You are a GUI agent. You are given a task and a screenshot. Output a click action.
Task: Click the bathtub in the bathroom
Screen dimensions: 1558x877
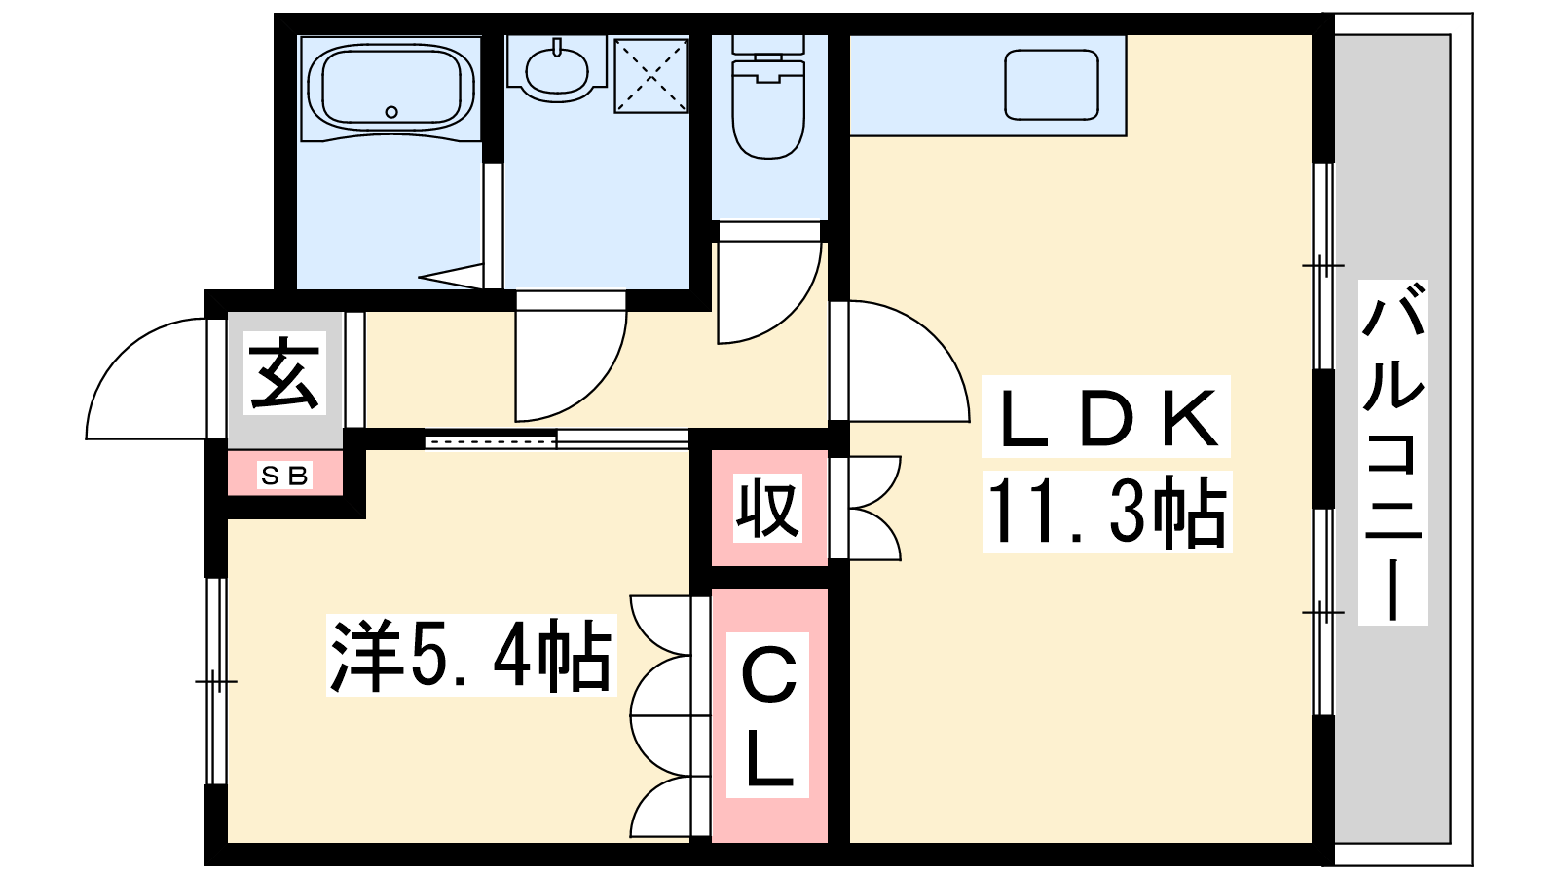tap(390, 87)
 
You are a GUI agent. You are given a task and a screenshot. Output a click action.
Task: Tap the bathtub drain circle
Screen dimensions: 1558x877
tap(391, 111)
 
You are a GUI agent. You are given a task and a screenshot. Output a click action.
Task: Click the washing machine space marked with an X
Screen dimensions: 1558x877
tap(651, 76)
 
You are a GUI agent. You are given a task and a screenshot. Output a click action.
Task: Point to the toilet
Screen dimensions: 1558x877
tap(768, 97)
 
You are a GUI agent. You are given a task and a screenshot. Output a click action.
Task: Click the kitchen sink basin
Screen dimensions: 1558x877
tap(1052, 84)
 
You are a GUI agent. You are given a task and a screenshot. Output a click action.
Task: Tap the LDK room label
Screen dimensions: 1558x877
tap(1106, 417)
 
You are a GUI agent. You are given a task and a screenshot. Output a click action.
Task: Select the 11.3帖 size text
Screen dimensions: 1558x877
tap(1107, 512)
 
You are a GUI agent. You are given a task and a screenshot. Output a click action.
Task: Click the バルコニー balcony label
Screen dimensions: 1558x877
tap(1392, 452)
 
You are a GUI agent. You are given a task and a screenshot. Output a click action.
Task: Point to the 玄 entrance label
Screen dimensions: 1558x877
tap(284, 373)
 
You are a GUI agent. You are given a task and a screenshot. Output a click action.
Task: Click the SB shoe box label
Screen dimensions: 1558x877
tap(284, 476)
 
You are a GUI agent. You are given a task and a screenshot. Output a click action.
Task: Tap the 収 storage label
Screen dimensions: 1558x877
tap(767, 508)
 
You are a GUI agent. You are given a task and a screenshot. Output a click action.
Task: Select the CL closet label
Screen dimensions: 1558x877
tap(768, 715)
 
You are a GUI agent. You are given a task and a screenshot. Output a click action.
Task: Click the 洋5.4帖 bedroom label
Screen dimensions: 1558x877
tap(471, 655)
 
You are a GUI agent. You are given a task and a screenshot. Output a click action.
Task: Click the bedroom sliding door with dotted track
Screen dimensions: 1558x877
tap(491, 440)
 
